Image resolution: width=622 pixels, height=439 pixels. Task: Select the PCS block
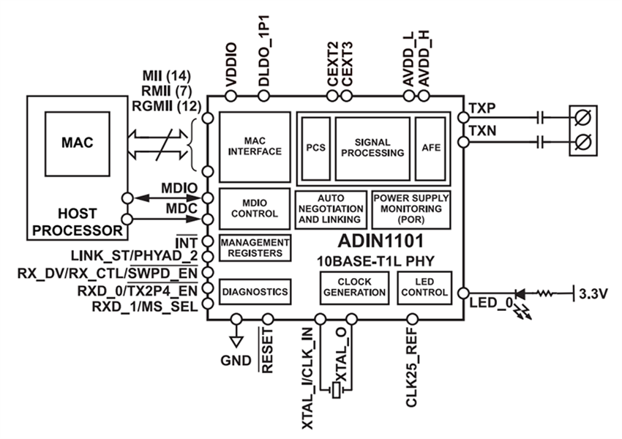tap(315, 147)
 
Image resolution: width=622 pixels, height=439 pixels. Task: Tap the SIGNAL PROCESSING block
tap(372, 147)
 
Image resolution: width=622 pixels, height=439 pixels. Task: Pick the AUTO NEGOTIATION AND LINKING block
tap(330, 209)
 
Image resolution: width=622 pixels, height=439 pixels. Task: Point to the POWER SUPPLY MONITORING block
tap(411, 209)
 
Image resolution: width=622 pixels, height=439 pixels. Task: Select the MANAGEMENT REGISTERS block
tap(255, 247)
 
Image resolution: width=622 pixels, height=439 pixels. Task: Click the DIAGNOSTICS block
tap(255, 291)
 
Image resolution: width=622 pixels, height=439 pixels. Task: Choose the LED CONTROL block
tap(424, 287)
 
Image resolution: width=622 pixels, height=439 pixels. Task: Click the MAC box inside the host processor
tap(77, 142)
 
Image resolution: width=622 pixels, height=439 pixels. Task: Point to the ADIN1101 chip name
tap(372, 242)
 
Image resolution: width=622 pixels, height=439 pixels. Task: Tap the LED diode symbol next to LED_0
tap(520, 295)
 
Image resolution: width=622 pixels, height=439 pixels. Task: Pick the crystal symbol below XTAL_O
tap(336, 391)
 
